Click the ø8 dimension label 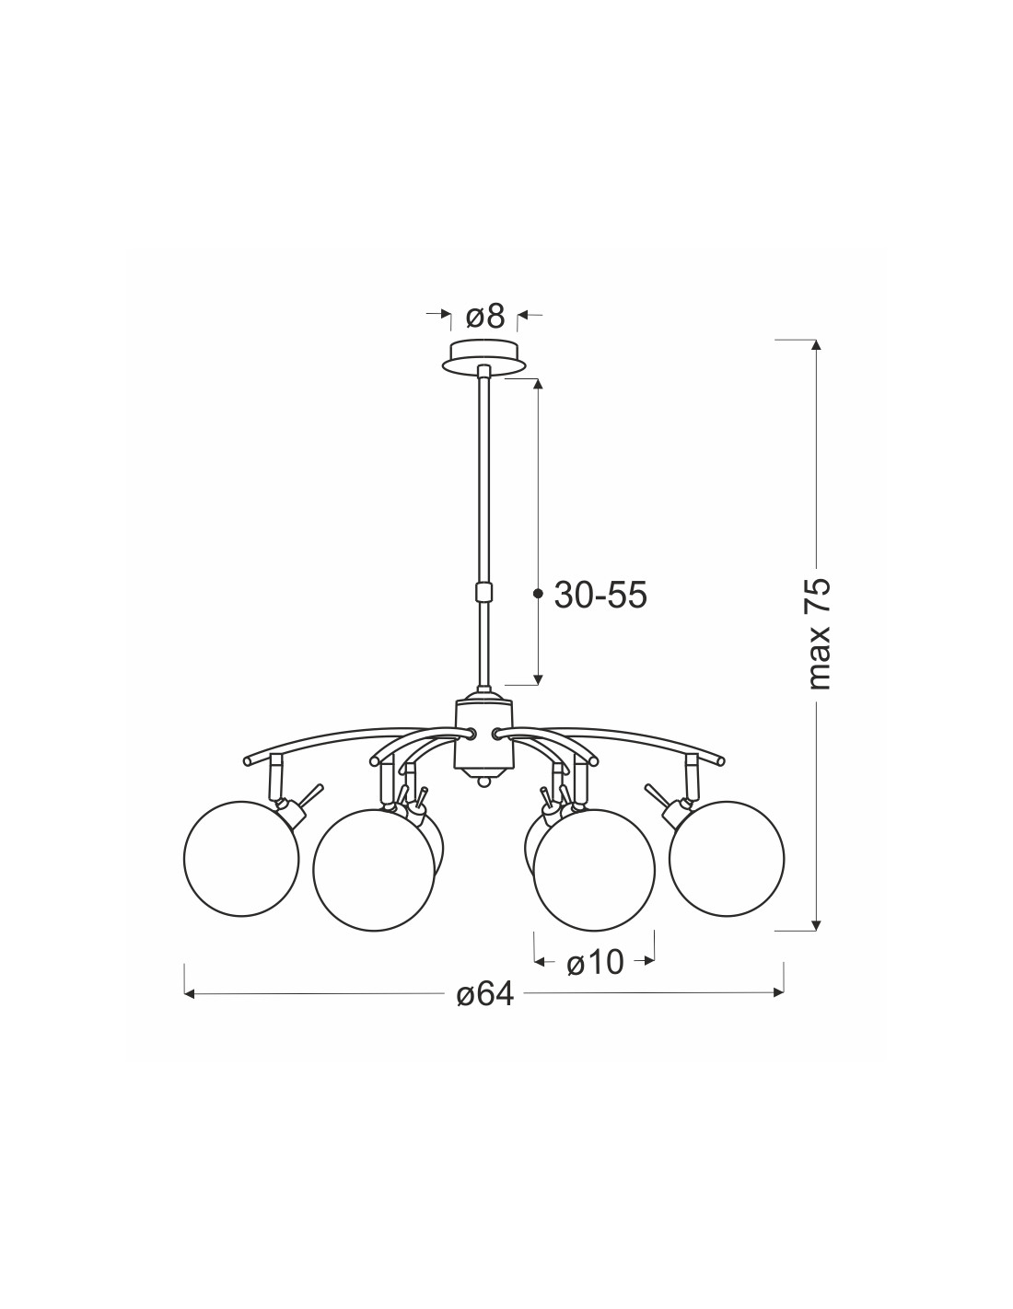click(x=485, y=316)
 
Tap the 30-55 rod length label click(x=600, y=596)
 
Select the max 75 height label click(x=819, y=633)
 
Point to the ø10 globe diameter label click(x=595, y=963)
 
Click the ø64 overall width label click(x=485, y=994)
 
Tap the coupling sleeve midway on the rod click(x=483, y=592)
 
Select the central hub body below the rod click(x=483, y=735)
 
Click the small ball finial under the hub click(x=483, y=782)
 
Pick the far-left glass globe click(x=241, y=859)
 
